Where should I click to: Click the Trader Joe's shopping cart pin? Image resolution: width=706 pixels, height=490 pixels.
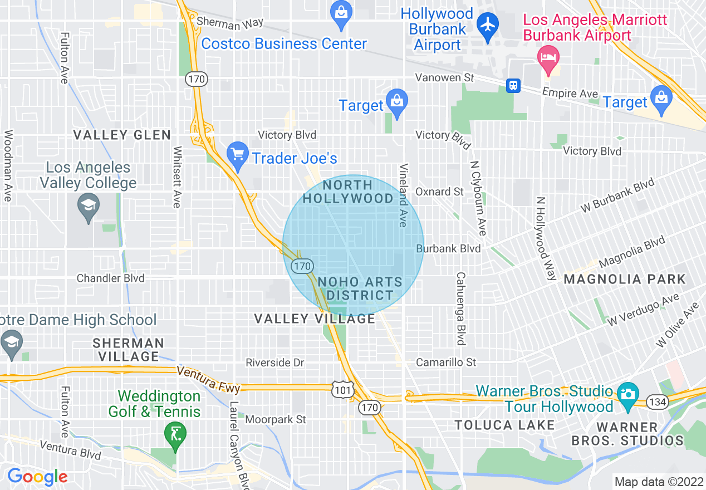tap(238, 155)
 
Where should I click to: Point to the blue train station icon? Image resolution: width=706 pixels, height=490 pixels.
tap(513, 85)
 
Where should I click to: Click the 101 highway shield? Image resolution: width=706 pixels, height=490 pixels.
tap(342, 391)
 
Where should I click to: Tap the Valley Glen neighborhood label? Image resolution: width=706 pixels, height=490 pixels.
tap(122, 135)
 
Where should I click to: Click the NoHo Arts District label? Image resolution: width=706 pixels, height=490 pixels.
tap(360, 288)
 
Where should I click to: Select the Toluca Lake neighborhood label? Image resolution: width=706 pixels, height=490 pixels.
tap(504, 425)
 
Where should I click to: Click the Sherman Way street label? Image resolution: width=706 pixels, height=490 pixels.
tap(229, 24)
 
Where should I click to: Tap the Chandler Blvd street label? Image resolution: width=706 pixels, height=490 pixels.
tap(110, 278)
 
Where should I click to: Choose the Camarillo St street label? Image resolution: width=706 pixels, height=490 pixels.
tap(446, 362)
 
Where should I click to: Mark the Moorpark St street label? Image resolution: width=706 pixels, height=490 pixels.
tap(276, 419)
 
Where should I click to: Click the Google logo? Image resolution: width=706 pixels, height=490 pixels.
tap(37, 477)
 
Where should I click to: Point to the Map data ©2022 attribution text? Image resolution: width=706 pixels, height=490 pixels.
tap(658, 482)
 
